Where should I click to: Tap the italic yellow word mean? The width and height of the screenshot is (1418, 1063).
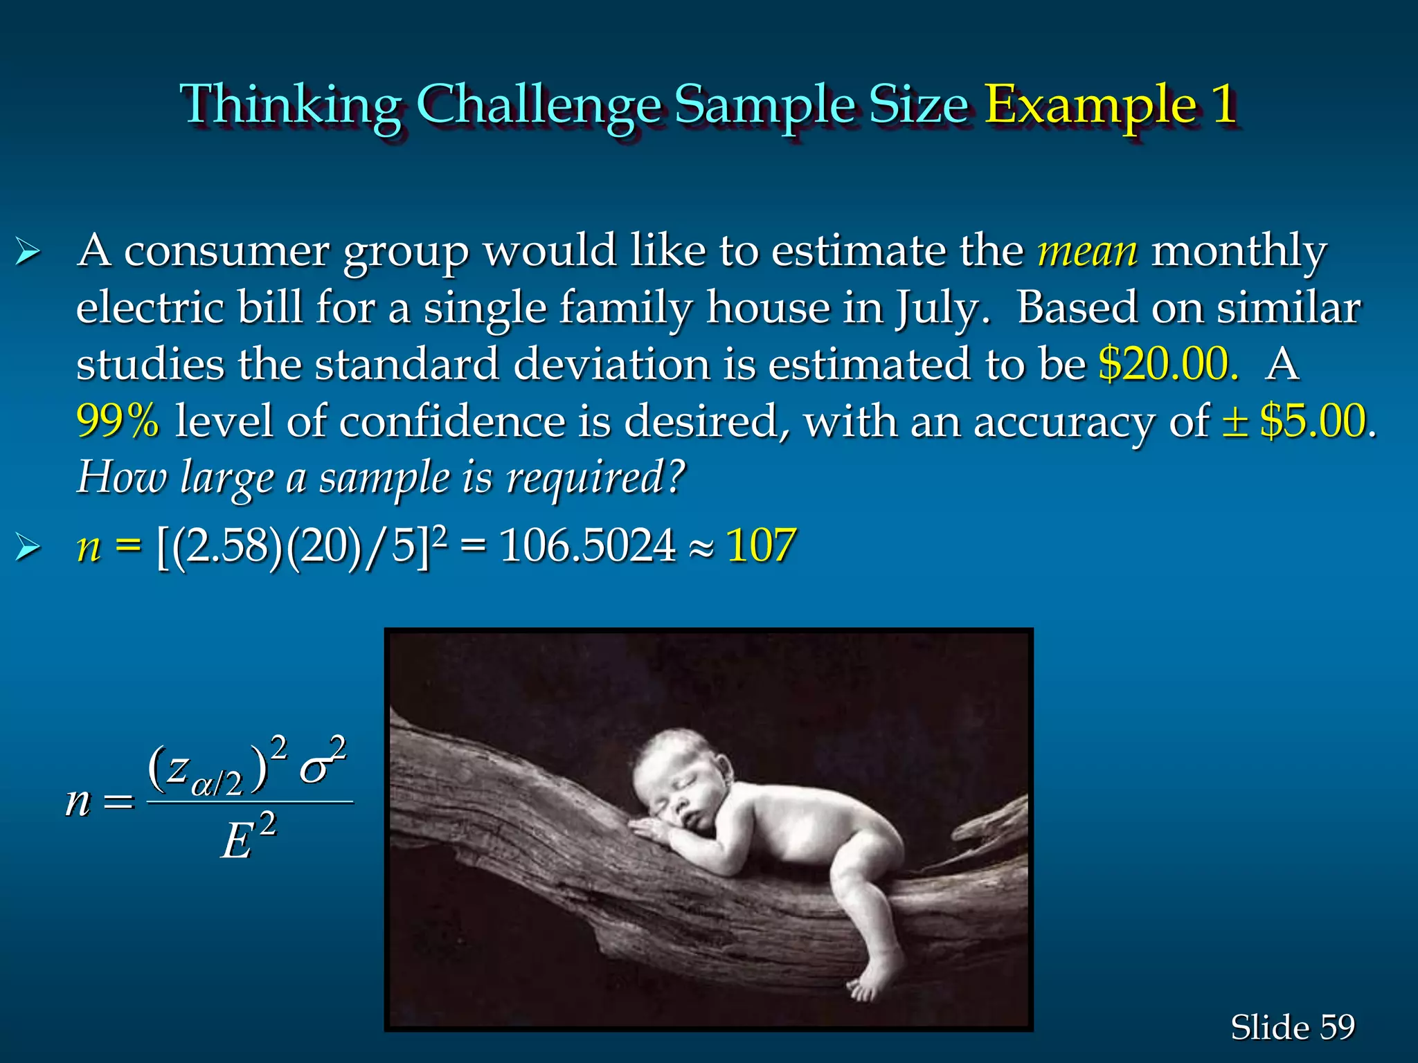click(x=1087, y=251)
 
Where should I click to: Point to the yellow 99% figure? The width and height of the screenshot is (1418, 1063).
click(x=118, y=421)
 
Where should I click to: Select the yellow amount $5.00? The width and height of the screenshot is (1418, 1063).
click(x=1313, y=421)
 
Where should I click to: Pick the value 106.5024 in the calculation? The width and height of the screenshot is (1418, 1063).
click(x=587, y=545)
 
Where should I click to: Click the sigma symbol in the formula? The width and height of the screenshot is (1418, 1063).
click(x=316, y=770)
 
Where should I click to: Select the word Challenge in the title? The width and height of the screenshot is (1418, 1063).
click(x=540, y=105)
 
